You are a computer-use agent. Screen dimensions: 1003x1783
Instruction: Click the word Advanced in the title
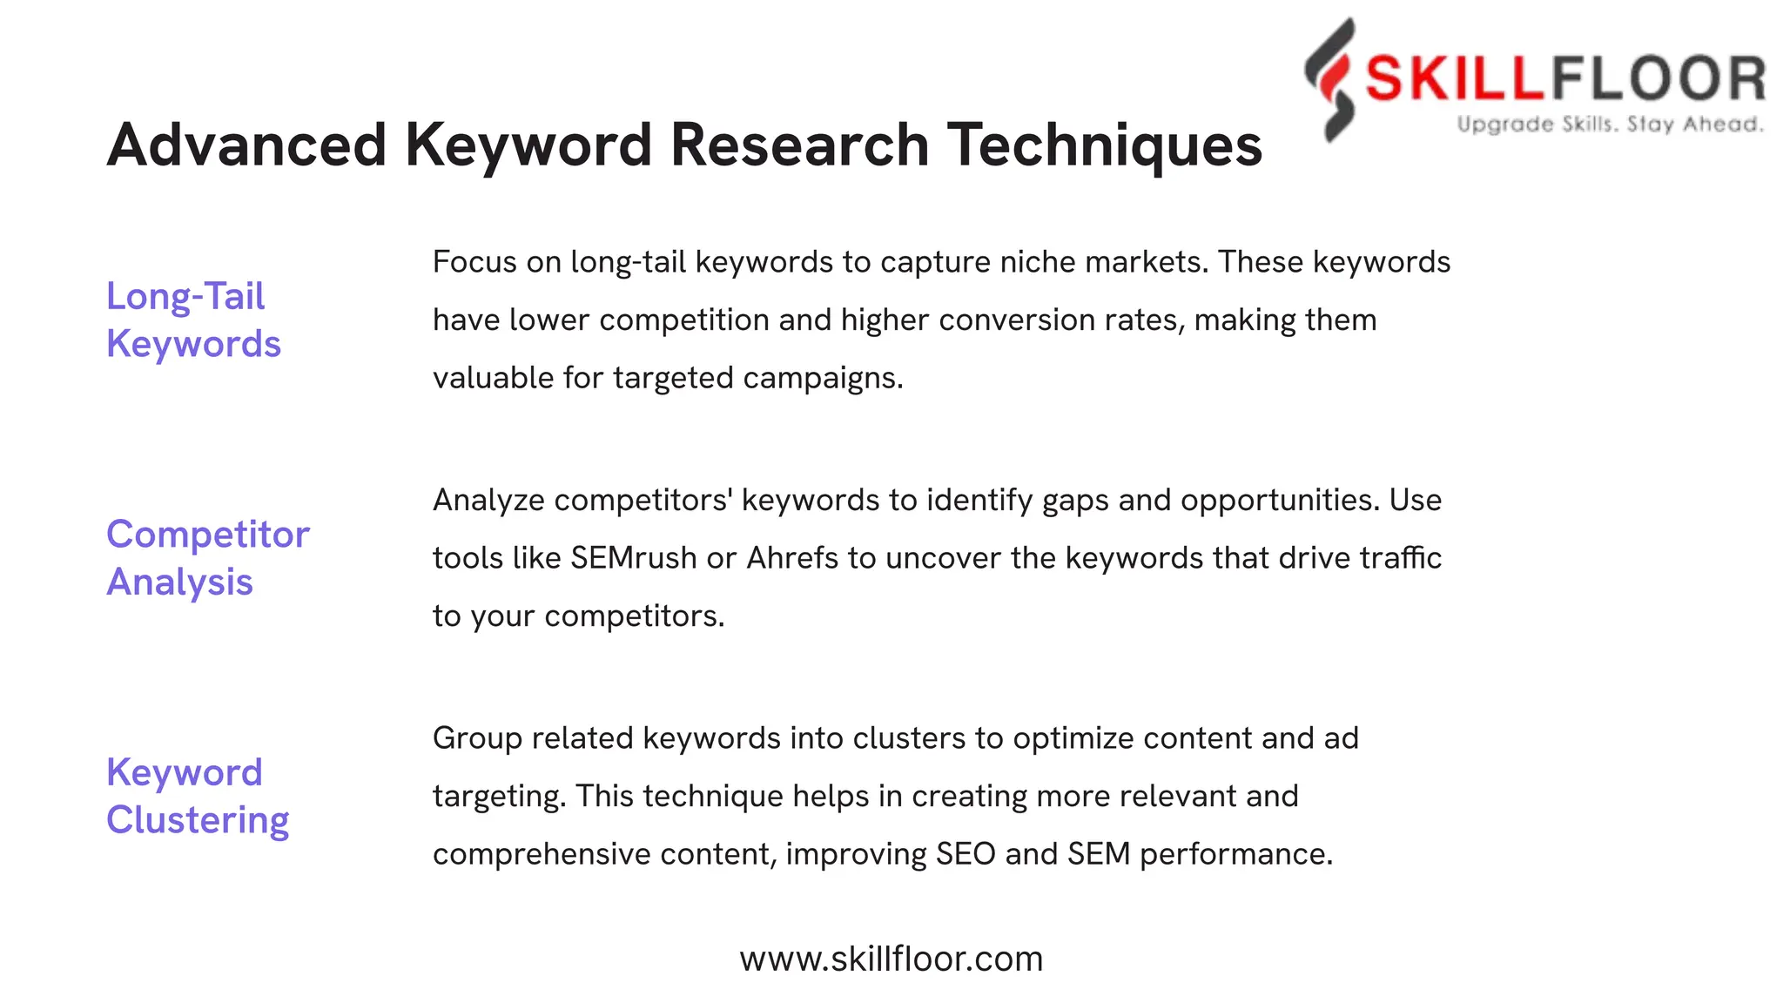pos(246,145)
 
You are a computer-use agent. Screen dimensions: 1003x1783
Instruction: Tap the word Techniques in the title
pos(1104,145)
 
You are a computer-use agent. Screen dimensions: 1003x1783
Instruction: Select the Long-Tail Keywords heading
pos(193,320)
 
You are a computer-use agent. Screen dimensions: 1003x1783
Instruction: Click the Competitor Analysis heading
pos(207,557)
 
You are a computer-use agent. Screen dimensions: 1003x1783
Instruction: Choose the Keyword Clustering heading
pos(198,796)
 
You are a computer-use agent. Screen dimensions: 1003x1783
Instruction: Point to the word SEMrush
pos(634,558)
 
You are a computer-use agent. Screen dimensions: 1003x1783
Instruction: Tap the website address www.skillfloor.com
pos(891,959)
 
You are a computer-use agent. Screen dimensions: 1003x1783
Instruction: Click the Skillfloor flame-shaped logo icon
pos(1330,79)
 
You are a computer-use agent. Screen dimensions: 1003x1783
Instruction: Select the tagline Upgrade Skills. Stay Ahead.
pos(1611,125)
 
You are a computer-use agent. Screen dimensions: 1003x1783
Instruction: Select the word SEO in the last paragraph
pos(966,854)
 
